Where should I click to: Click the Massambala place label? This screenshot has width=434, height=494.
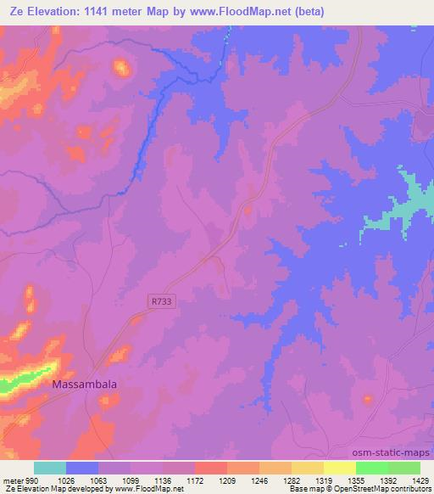(85, 384)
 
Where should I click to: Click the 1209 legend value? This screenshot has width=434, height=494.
(226, 480)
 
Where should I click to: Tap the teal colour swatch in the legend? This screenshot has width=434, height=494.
(50, 468)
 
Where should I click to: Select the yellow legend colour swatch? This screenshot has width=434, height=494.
(339, 468)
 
